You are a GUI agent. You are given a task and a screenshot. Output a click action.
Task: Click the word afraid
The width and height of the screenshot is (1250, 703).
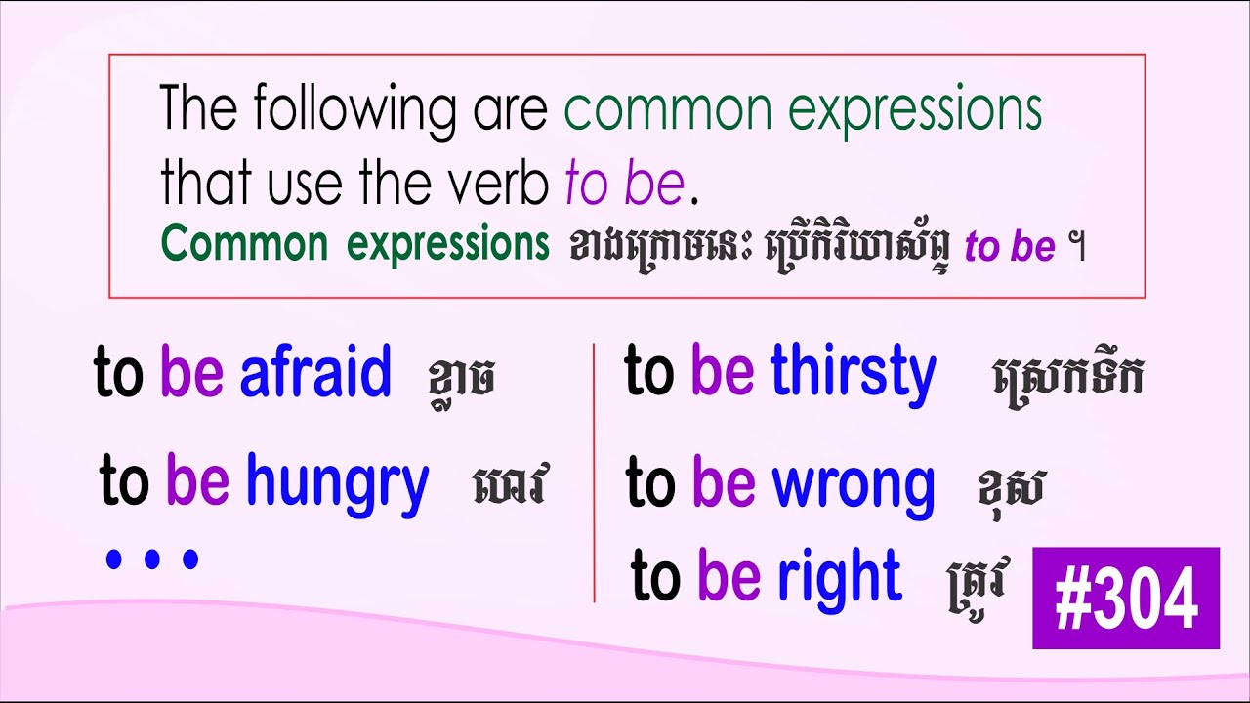(314, 372)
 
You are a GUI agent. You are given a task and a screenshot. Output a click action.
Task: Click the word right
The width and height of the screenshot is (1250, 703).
(839, 578)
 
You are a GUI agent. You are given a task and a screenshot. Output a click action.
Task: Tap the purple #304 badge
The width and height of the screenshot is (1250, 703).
(1126, 599)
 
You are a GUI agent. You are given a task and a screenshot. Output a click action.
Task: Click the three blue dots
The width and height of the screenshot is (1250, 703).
(152, 559)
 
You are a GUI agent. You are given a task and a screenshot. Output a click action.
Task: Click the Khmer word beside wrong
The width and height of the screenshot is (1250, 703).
(1011, 488)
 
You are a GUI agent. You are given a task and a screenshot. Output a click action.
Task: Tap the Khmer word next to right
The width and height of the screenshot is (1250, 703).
(977, 582)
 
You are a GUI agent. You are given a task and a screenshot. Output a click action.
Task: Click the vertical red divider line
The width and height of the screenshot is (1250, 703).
(594, 469)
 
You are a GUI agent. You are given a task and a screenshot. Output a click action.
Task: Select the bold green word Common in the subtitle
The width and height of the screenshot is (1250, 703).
(244, 246)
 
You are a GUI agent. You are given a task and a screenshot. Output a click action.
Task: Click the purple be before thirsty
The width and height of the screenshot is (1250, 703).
(722, 374)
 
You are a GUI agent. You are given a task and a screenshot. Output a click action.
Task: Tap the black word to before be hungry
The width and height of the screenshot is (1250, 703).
(124, 483)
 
